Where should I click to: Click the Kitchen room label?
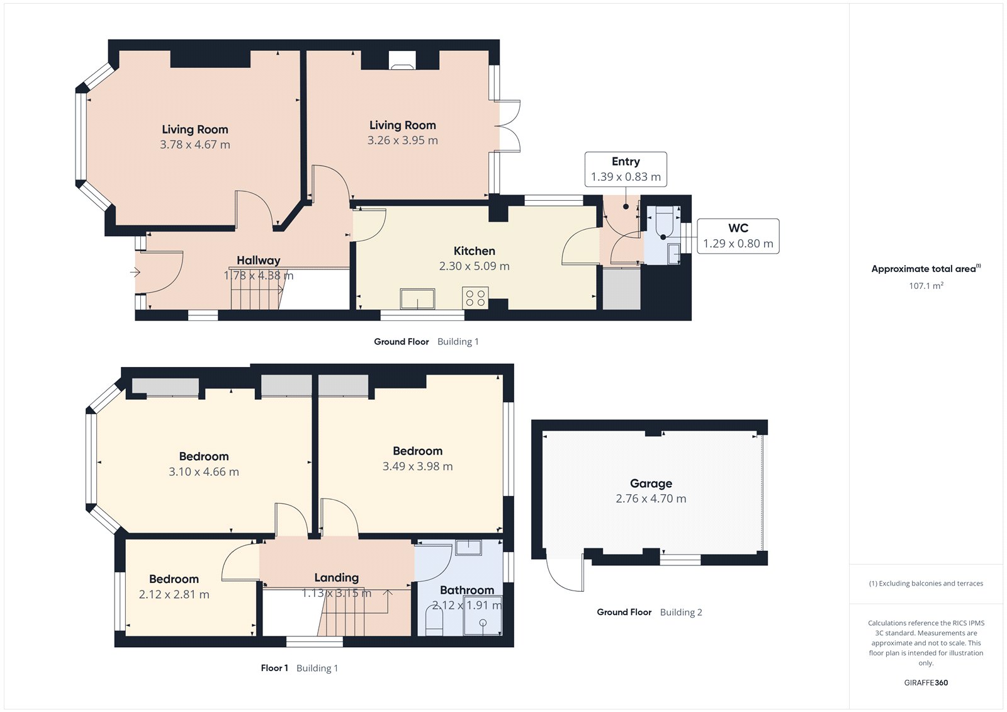coord(474,251)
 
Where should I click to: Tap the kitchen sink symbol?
coord(417,298)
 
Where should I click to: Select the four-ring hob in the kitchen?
coord(475,298)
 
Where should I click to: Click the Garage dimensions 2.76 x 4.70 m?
coord(651,499)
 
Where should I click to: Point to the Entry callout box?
coord(626,169)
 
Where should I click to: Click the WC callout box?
coord(738,236)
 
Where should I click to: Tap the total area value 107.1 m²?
coord(925,286)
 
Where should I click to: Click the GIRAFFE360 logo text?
coord(925,682)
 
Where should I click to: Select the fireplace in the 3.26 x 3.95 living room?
coord(401,60)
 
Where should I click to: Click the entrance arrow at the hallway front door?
coord(135,273)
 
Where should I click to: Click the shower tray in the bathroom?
coord(483,621)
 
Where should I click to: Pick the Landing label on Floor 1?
coord(336,577)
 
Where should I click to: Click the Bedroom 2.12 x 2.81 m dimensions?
coord(174,594)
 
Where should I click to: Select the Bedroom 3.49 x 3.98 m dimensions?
coord(417,466)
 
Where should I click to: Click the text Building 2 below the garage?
coord(680,612)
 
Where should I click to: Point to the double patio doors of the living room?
coord(509,126)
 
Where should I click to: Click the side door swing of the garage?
coord(565,575)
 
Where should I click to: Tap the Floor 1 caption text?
coord(274,668)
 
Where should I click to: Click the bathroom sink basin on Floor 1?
coord(468,547)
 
